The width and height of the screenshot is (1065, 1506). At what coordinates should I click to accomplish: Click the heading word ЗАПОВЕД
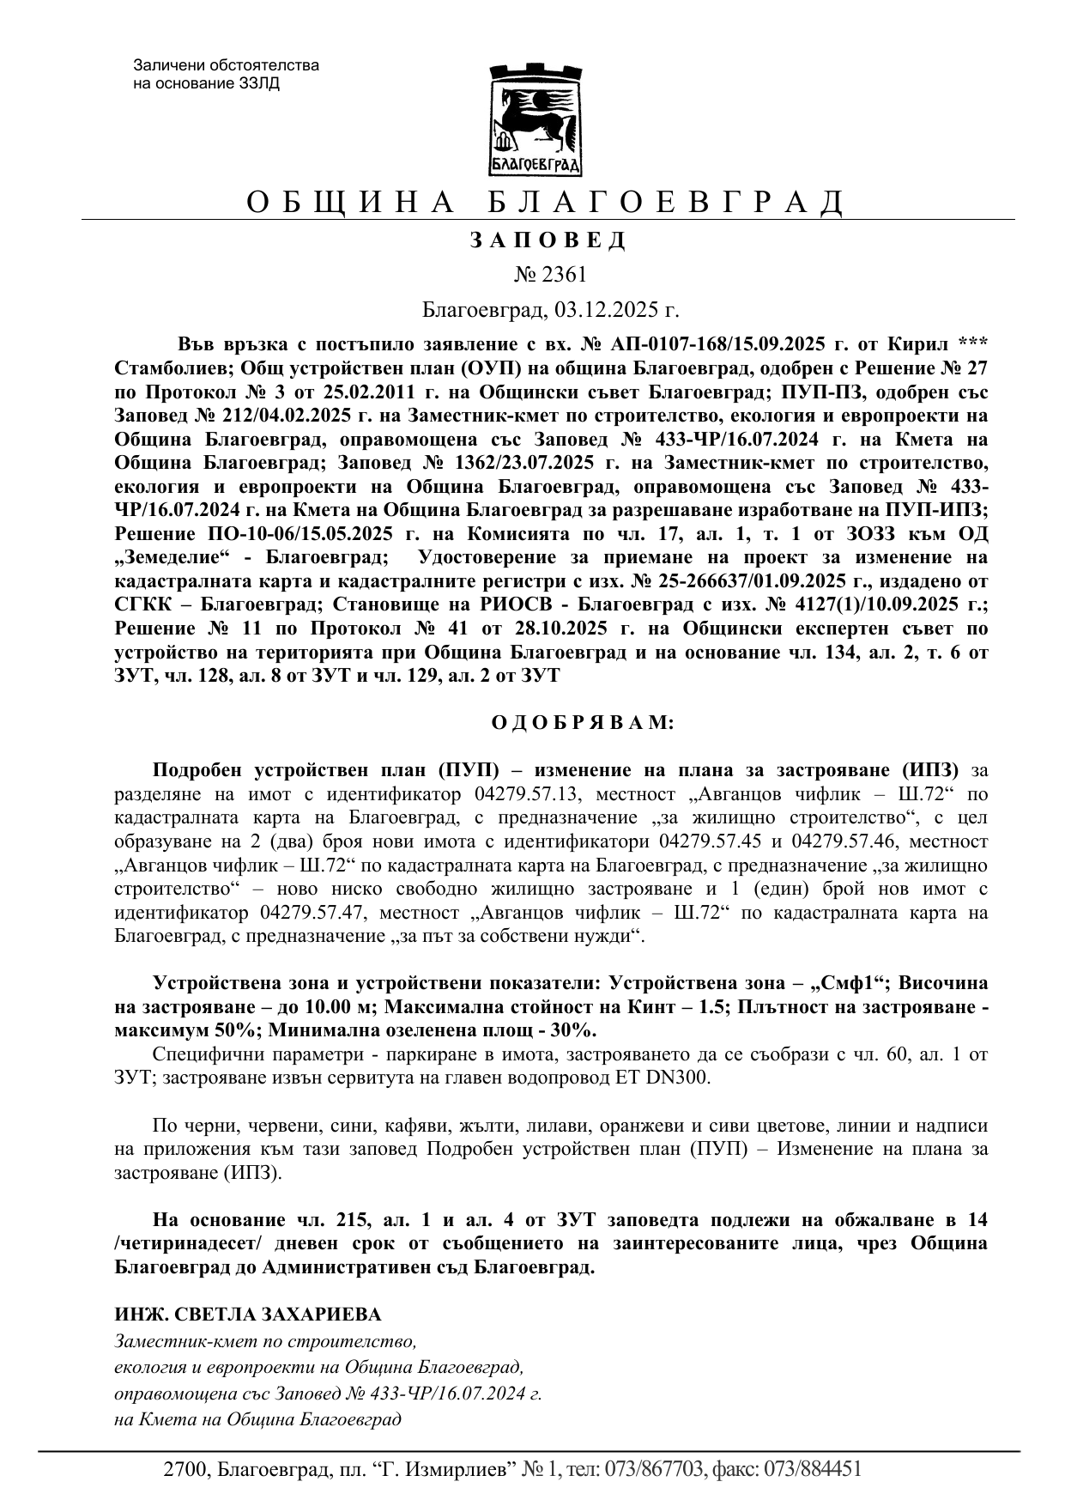(548, 240)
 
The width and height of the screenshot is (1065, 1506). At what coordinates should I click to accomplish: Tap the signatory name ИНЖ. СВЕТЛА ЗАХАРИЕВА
(248, 1315)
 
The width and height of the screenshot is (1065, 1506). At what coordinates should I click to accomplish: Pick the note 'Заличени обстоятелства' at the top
(226, 65)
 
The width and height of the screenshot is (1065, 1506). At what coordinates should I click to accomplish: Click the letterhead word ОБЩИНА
(349, 203)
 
